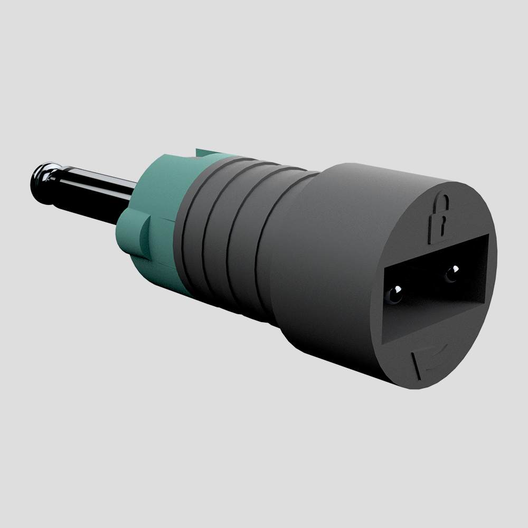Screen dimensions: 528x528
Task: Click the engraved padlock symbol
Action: click(x=439, y=218)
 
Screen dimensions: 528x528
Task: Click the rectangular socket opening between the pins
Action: click(x=422, y=285)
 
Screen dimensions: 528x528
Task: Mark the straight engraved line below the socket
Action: click(x=416, y=366)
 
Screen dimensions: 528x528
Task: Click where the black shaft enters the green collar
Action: click(x=129, y=203)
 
